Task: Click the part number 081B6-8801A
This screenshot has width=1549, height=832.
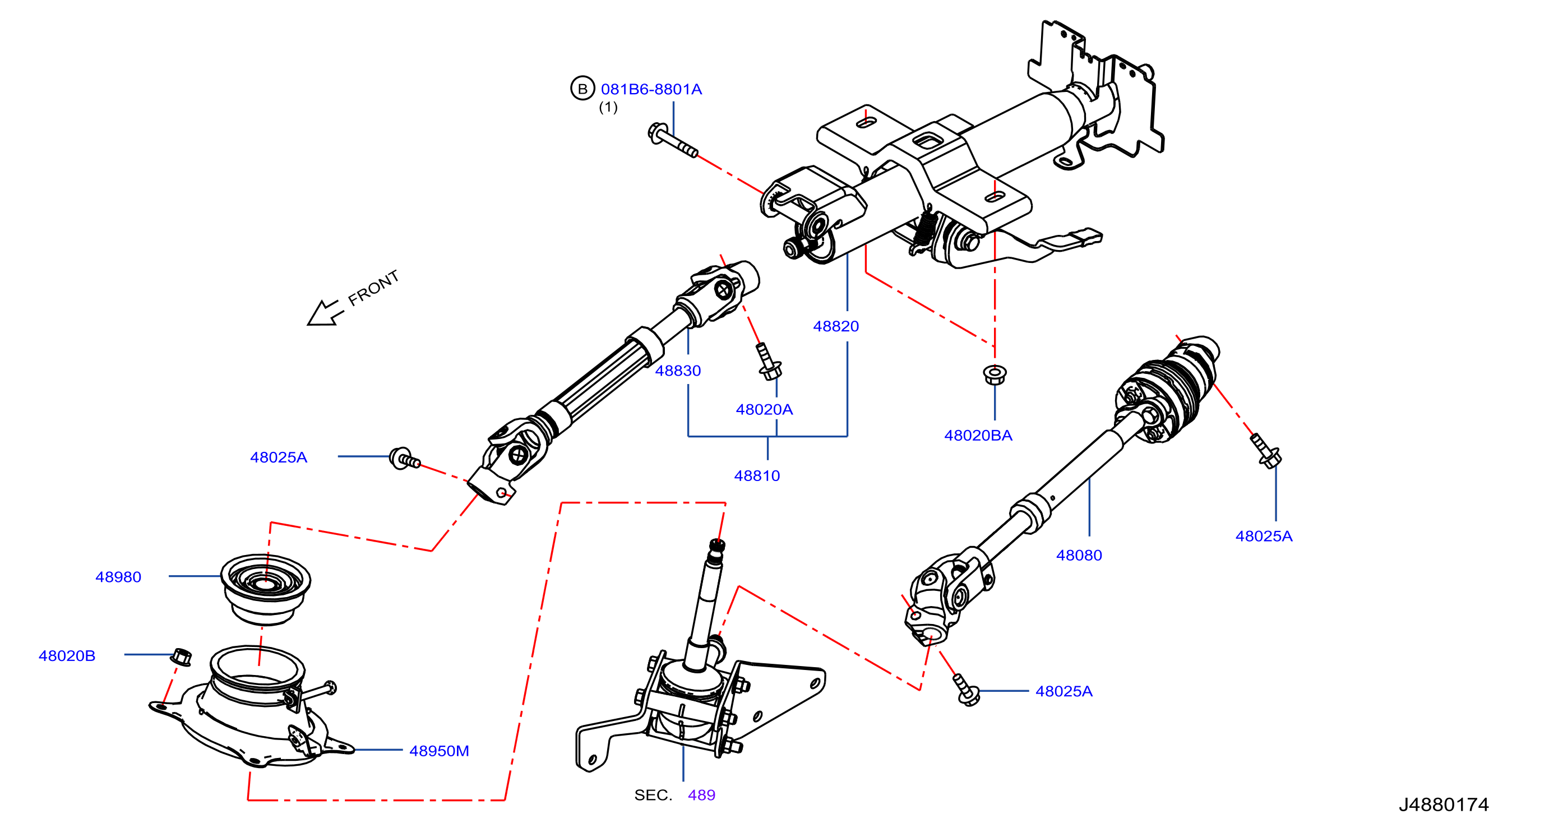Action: click(x=651, y=90)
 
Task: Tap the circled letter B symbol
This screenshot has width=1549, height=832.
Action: click(x=582, y=89)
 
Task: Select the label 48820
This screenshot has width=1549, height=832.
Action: click(x=836, y=326)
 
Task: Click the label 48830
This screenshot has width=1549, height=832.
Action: click(x=678, y=371)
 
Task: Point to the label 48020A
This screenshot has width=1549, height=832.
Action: click(x=764, y=409)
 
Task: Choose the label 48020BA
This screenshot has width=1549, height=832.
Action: click(x=978, y=436)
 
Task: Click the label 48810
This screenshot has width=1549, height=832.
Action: click(x=757, y=476)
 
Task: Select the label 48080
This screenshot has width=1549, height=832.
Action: click(x=1079, y=556)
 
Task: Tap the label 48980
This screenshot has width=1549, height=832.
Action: click(x=118, y=577)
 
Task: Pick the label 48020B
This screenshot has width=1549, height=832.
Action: click(x=67, y=656)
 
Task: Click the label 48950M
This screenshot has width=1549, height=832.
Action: click(x=439, y=751)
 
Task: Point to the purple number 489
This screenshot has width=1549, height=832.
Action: click(x=702, y=796)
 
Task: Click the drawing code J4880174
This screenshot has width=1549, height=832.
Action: click(x=1444, y=805)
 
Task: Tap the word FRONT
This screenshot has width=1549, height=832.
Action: click(x=373, y=288)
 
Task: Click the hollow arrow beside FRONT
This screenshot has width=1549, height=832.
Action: click(x=325, y=313)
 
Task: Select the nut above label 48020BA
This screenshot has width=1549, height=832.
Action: click(x=995, y=375)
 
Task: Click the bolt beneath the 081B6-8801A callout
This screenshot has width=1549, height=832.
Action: click(x=673, y=140)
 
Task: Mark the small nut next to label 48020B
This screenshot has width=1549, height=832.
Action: click(x=182, y=657)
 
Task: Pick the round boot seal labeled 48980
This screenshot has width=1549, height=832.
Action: click(x=266, y=590)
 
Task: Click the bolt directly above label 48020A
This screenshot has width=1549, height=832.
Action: click(x=768, y=361)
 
